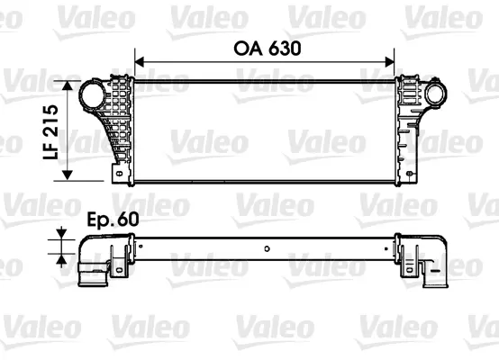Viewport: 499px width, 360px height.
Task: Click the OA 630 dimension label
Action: pos(268,49)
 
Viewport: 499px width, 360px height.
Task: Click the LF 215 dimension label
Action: pos(51,132)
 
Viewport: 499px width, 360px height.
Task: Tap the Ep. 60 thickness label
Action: pos(113,219)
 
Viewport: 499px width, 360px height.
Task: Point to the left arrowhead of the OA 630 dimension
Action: pos(140,62)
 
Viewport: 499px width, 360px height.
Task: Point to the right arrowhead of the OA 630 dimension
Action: pos(390,62)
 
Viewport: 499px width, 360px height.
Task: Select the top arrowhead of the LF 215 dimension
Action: pos(68,85)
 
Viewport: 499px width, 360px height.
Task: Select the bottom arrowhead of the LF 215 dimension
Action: pos(68,175)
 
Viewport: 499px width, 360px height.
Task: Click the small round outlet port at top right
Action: pos(435,94)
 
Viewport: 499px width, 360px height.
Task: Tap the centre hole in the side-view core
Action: pos(267,248)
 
